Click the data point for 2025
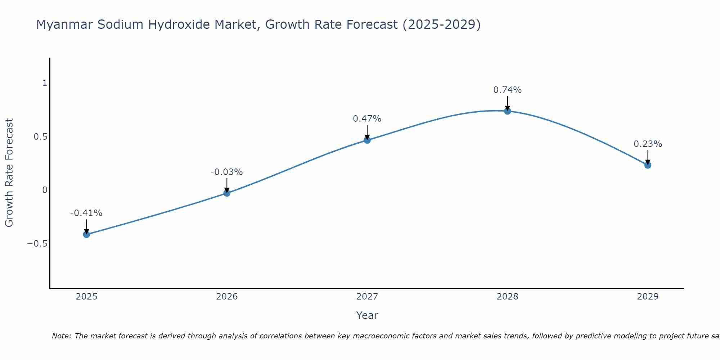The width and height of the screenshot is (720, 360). click(86, 234)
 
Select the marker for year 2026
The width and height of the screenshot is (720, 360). click(227, 193)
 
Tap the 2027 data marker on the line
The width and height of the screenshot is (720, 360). click(367, 140)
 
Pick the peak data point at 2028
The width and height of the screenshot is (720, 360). click(508, 111)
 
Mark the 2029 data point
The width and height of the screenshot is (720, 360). click(648, 165)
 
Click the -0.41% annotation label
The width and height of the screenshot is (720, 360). click(86, 213)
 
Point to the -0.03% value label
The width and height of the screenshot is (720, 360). click(227, 172)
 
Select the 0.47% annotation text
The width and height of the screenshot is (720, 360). click(367, 119)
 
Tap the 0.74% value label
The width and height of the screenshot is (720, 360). click(508, 90)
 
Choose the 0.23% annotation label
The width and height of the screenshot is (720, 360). click(648, 144)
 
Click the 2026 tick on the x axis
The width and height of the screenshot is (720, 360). click(227, 297)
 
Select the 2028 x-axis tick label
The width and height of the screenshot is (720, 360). click(508, 297)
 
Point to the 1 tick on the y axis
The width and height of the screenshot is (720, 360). click(45, 83)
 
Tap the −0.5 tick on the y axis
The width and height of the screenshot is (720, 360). click(37, 244)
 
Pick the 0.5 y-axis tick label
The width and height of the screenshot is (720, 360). click(40, 137)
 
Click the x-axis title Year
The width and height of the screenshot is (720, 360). click(367, 315)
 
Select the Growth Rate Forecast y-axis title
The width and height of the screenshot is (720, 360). click(9, 173)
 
